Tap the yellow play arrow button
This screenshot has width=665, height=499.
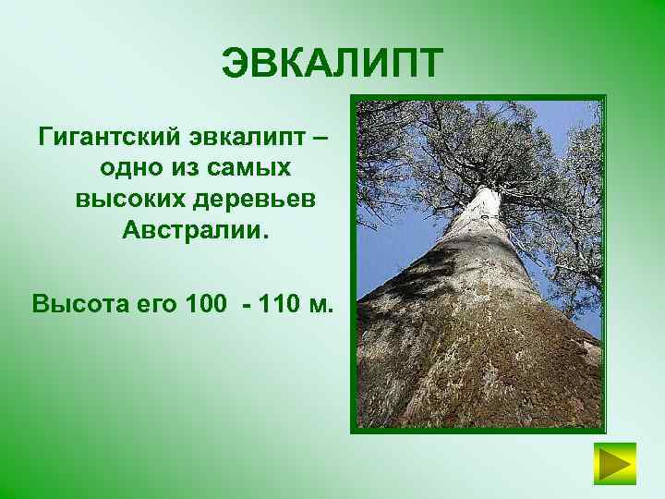614,465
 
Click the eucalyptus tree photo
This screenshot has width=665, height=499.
478,263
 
